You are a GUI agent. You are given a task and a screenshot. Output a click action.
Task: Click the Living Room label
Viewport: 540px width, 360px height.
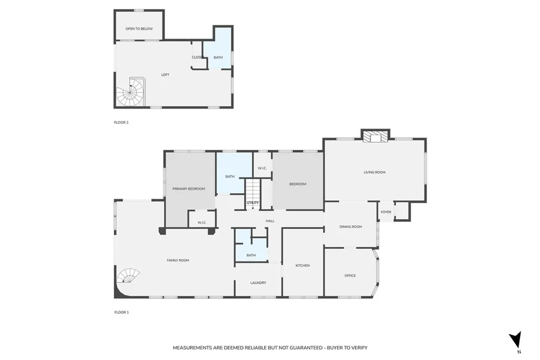coord(374,172)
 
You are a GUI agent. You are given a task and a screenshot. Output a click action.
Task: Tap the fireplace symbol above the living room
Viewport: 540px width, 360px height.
coord(375,137)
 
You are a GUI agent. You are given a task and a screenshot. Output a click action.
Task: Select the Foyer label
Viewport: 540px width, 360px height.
coord(386,212)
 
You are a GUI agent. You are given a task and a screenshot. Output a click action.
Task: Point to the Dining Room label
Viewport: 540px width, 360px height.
coord(351,227)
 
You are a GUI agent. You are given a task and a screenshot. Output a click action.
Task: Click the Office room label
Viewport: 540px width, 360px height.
coord(350,276)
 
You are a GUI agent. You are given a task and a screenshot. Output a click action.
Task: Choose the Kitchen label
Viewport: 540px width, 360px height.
coord(302,266)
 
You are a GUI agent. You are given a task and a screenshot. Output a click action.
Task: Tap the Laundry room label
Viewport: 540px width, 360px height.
coord(258,283)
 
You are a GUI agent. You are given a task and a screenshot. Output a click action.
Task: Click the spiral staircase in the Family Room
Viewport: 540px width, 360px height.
coord(129,276)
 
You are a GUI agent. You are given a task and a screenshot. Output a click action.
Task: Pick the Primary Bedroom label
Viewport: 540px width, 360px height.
coord(188,189)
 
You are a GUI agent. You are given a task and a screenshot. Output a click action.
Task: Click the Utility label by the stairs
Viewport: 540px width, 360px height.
coord(253,202)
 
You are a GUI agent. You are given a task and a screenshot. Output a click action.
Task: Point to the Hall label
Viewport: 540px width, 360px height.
coord(270,221)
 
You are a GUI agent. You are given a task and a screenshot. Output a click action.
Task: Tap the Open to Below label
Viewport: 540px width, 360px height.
coord(139,29)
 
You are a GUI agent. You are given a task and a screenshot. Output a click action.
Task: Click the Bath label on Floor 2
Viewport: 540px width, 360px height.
coord(218,57)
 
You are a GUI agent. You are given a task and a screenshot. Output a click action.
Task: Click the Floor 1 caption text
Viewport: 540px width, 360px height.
coord(121,313)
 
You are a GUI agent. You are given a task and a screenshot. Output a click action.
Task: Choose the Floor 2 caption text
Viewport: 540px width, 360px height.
coord(121,123)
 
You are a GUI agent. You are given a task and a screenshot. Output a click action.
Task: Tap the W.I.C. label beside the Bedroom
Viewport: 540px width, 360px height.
coord(262,168)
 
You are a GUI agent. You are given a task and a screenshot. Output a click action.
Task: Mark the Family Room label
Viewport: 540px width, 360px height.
coord(178,260)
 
